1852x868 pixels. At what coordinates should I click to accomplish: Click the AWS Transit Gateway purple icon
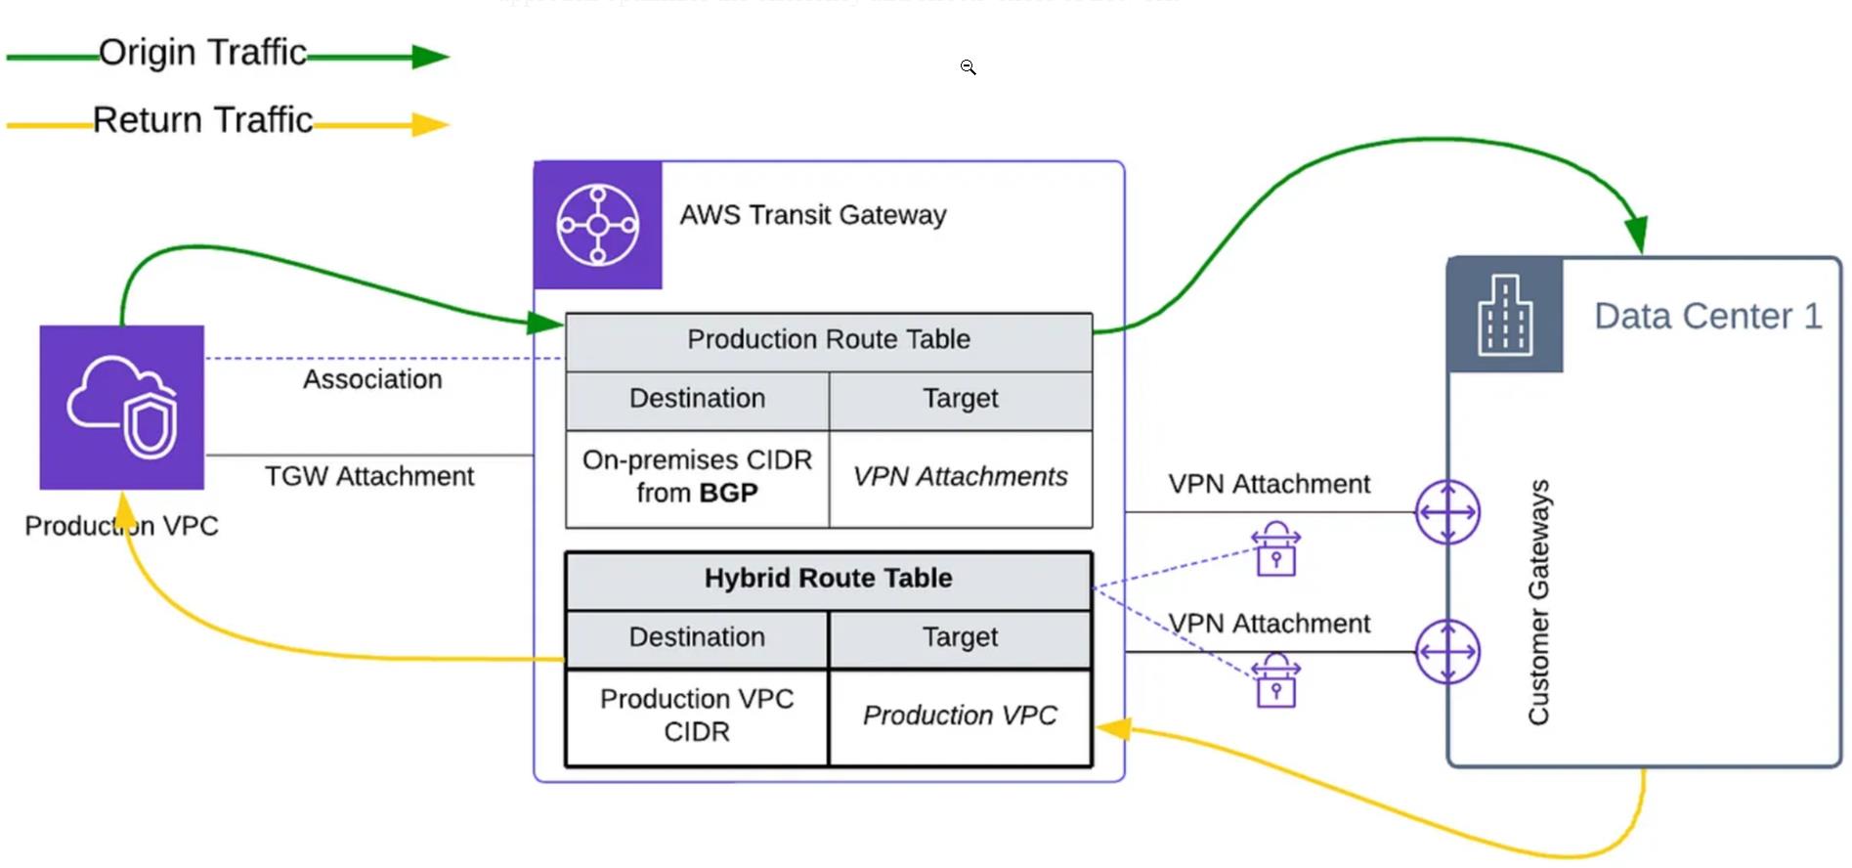click(598, 225)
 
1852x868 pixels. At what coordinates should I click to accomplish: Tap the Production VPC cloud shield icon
click(122, 407)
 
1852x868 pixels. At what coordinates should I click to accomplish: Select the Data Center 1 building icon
click(1505, 315)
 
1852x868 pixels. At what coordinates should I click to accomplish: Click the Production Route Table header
click(828, 340)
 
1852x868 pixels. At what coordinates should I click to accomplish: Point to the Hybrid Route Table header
click(828, 579)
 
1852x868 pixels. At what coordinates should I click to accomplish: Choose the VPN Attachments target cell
click(960, 477)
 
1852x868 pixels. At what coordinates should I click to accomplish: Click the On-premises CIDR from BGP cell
click(697, 477)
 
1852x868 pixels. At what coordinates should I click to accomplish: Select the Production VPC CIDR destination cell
click(697, 716)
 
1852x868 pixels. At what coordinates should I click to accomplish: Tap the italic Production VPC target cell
click(960, 716)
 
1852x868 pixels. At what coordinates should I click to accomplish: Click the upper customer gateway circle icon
click(1447, 512)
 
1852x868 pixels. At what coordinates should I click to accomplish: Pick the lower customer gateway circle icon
click(1447, 652)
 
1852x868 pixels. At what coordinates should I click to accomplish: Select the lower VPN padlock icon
click(1276, 681)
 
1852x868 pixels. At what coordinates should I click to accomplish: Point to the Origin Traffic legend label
click(202, 53)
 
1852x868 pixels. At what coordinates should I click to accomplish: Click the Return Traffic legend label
click(202, 120)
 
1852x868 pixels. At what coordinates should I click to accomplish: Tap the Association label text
click(372, 379)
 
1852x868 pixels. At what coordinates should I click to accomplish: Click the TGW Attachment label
click(369, 476)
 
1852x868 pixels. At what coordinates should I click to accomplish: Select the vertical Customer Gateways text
click(1539, 602)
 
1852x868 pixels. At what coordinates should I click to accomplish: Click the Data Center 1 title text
click(1707, 317)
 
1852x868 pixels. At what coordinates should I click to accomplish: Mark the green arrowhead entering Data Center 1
click(1636, 235)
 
